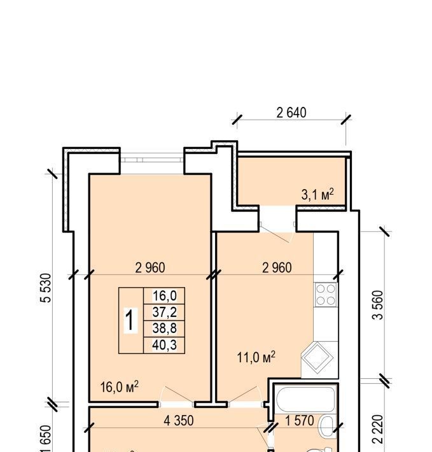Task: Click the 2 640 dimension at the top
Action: tap(291, 113)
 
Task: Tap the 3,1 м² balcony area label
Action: tap(317, 194)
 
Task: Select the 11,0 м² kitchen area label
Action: tap(256, 357)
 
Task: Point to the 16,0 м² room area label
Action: tap(119, 387)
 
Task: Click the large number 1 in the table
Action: tap(130, 320)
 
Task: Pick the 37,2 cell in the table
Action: tap(164, 312)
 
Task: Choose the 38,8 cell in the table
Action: tap(164, 328)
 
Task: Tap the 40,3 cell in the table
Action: tap(164, 344)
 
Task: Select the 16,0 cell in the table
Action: tap(164, 296)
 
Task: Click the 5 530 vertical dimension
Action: tap(46, 288)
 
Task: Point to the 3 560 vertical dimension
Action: tap(378, 305)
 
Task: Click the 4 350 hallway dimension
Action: tap(179, 421)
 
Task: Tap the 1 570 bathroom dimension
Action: tap(300, 421)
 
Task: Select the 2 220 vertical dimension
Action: tap(378, 429)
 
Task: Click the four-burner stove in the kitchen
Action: tap(326, 295)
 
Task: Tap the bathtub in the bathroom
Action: tap(305, 400)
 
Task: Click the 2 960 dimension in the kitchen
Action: tap(277, 268)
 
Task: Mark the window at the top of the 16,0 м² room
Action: tap(152, 160)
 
